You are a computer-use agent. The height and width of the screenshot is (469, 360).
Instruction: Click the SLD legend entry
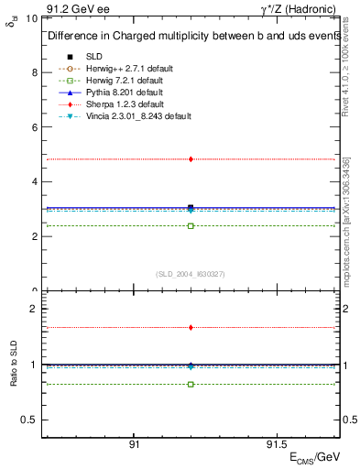[x=94, y=57]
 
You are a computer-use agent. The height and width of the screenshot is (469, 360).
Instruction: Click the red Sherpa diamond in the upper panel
[x=191, y=159]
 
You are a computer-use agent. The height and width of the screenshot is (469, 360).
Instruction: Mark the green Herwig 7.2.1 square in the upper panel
[x=191, y=225]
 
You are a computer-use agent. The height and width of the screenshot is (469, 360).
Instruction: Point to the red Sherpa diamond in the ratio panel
[x=191, y=327]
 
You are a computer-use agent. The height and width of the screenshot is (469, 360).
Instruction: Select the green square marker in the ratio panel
[x=191, y=384]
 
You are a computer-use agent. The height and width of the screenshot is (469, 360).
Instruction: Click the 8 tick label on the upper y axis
[x=34, y=72]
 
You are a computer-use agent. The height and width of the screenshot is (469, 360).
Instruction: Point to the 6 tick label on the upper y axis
[x=34, y=127]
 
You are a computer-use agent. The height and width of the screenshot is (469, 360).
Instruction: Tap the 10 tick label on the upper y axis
[x=31, y=18]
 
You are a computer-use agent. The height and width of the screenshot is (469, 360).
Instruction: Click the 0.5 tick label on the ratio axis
[x=29, y=420]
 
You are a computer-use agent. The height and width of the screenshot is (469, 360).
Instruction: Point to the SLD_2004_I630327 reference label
[x=191, y=273]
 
